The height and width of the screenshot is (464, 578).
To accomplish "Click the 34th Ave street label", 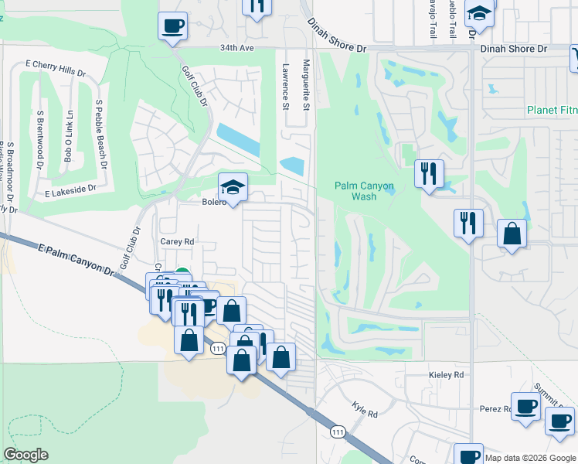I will tap(236, 48).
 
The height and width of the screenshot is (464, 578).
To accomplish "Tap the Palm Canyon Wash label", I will tap(365, 191).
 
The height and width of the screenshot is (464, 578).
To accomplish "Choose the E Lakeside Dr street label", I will tap(70, 189).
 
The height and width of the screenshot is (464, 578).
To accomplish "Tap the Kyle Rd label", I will tap(364, 409).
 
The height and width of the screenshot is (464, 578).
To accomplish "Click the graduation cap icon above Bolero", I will tap(232, 186).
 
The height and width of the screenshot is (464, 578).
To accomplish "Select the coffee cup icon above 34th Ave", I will tap(172, 26).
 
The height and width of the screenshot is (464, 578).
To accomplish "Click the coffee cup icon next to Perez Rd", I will tap(525, 406).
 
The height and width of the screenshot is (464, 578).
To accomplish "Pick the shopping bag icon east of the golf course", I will tap(512, 234).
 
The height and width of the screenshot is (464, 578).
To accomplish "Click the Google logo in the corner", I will tap(25, 455).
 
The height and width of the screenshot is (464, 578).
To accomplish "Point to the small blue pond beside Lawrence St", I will tap(292, 165).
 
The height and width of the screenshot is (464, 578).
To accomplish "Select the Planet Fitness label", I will tap(552, 110).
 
